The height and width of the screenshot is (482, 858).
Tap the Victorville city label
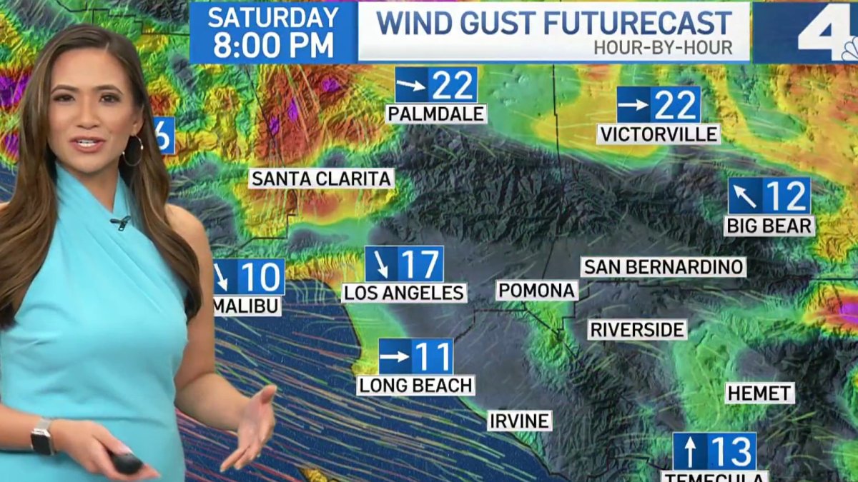(659, 134)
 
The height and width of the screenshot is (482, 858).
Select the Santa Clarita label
(322, 179)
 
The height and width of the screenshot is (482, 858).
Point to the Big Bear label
(769, 226)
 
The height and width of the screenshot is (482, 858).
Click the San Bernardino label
(664, 267)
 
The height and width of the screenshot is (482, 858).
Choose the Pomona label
(537, 291)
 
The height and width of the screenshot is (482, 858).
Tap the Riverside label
(638, 330)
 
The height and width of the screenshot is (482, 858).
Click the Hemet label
(759, 393)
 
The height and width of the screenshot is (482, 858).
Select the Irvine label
(520, 421)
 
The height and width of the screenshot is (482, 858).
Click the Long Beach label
(416, 386)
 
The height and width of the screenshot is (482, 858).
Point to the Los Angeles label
(405, 293)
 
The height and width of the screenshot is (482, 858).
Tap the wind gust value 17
(420, 265)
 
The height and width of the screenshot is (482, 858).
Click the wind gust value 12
(785, 196)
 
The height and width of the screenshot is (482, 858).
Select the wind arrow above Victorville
(633, 105)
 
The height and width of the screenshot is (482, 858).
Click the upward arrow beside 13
(690, 451)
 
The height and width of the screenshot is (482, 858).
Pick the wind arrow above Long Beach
(395, 356)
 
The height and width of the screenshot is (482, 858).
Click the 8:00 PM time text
(273, 46)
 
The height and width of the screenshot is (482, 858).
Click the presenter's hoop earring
(133, 151)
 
